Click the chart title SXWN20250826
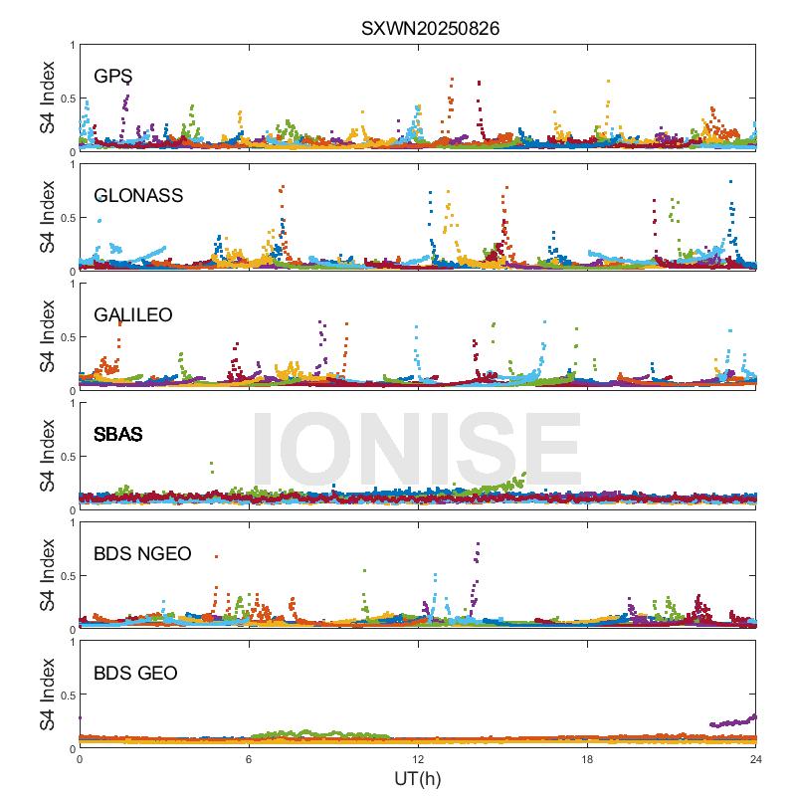pyautogui.click(x=430, y=29)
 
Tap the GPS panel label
pyautogui.click(x=113, y=77)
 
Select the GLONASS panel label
pyautogui.click(x=138, y=196)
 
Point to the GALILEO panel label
pyautogui.click(x=133, y=315)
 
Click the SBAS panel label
pyautogui.click(x=117, y=435)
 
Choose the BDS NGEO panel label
pyautogui.click(x=142, y=554)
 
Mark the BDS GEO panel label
pyautogui.click(x=135, y=674)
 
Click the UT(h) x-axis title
pyautogui.click(x=417, y=779)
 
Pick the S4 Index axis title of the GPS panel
pyautogui.click(x=48, y=99)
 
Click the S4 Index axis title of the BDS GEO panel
pyautogui.click(x=48, y=696)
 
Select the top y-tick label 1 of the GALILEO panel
pyautogui.click(x=71, y=285)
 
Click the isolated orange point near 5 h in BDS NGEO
pyautogui.click(x=216, y=556)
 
